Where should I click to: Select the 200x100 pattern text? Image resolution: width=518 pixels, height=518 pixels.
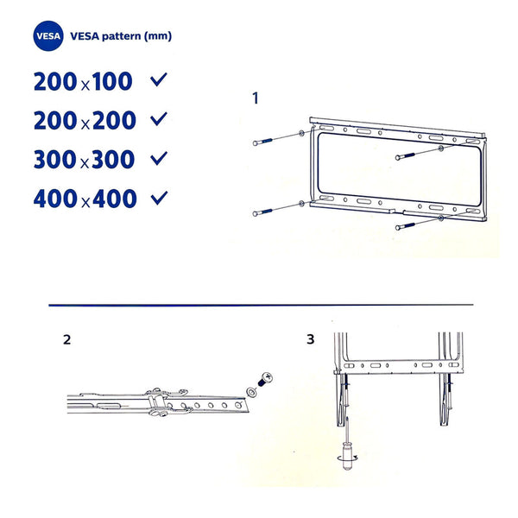pos(83,82)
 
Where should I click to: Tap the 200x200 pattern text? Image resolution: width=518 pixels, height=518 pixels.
pos(85,121)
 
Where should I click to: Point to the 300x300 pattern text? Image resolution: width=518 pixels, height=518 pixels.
pos(85,160)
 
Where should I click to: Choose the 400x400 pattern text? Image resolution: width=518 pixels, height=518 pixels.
pos(85,199)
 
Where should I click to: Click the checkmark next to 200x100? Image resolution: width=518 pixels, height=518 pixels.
pos(158,81)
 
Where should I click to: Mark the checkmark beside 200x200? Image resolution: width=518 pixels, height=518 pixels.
pos(158,120)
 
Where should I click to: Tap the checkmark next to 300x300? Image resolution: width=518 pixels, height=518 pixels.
pos(158,159)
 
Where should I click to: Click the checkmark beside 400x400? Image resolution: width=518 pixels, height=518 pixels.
pos(158,198)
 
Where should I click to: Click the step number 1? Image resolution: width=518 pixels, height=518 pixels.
pos(255,98)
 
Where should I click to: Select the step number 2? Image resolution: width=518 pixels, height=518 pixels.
pos(66,339)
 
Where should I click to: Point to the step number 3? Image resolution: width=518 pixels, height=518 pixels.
pos(310,339)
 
